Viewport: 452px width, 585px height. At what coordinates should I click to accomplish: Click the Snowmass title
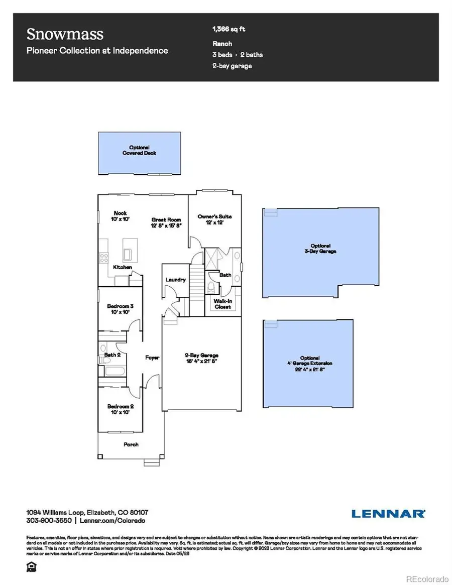coord(65,35)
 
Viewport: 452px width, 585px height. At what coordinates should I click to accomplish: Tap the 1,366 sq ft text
coord(229,30)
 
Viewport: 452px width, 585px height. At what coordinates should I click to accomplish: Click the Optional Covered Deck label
coord(139,150)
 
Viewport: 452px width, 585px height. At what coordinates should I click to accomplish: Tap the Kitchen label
coord(123,267)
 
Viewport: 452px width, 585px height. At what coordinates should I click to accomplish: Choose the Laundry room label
coord(176,280)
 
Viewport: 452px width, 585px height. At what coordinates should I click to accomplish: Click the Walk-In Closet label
coord(222,304)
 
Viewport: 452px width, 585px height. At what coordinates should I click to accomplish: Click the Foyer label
coord(152,358)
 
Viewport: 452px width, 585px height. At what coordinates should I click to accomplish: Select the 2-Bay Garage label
coord(201,358)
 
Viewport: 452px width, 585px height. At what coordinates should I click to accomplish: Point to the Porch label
coord(131,444)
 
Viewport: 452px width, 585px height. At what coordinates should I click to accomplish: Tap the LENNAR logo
coord(388,513)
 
